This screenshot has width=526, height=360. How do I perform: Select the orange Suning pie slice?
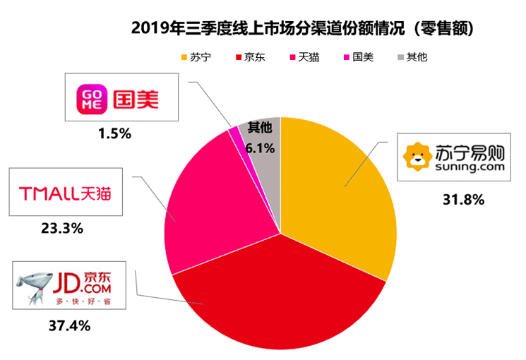339,191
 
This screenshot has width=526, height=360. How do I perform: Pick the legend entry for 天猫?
304,56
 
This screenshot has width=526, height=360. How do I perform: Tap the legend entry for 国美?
358,56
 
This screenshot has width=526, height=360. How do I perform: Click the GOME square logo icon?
91,97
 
